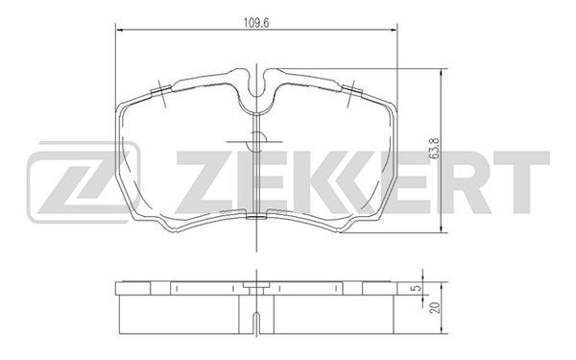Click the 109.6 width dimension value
[256, 22]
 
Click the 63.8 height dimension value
[435, 148]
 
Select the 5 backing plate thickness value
[417, 288]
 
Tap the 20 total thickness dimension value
[436, 308]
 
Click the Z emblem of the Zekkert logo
[84, 182]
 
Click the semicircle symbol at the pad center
[256, 142]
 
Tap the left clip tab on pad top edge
[161, 89]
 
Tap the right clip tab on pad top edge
[352, 89]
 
